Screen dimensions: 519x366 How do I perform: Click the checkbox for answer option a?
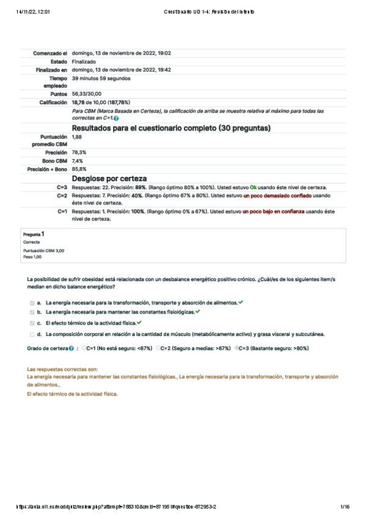tap(32, 303)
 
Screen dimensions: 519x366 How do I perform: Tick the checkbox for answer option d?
tap(32, 334)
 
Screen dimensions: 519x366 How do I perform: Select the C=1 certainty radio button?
tap(84, 348)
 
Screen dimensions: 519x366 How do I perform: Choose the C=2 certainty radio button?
tap(158, 348)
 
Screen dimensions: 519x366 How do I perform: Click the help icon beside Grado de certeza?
tap(71, 348)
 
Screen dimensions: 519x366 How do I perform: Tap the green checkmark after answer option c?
tap(140, 323)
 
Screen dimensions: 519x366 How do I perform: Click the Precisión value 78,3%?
tap(79, 152)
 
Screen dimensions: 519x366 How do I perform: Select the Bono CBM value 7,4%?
tap(78, 160)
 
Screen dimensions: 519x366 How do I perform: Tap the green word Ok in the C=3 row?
tap(254, 187)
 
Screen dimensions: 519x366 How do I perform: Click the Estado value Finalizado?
tap(83, 62)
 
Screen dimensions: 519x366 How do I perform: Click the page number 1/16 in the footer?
tap(345, 507)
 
